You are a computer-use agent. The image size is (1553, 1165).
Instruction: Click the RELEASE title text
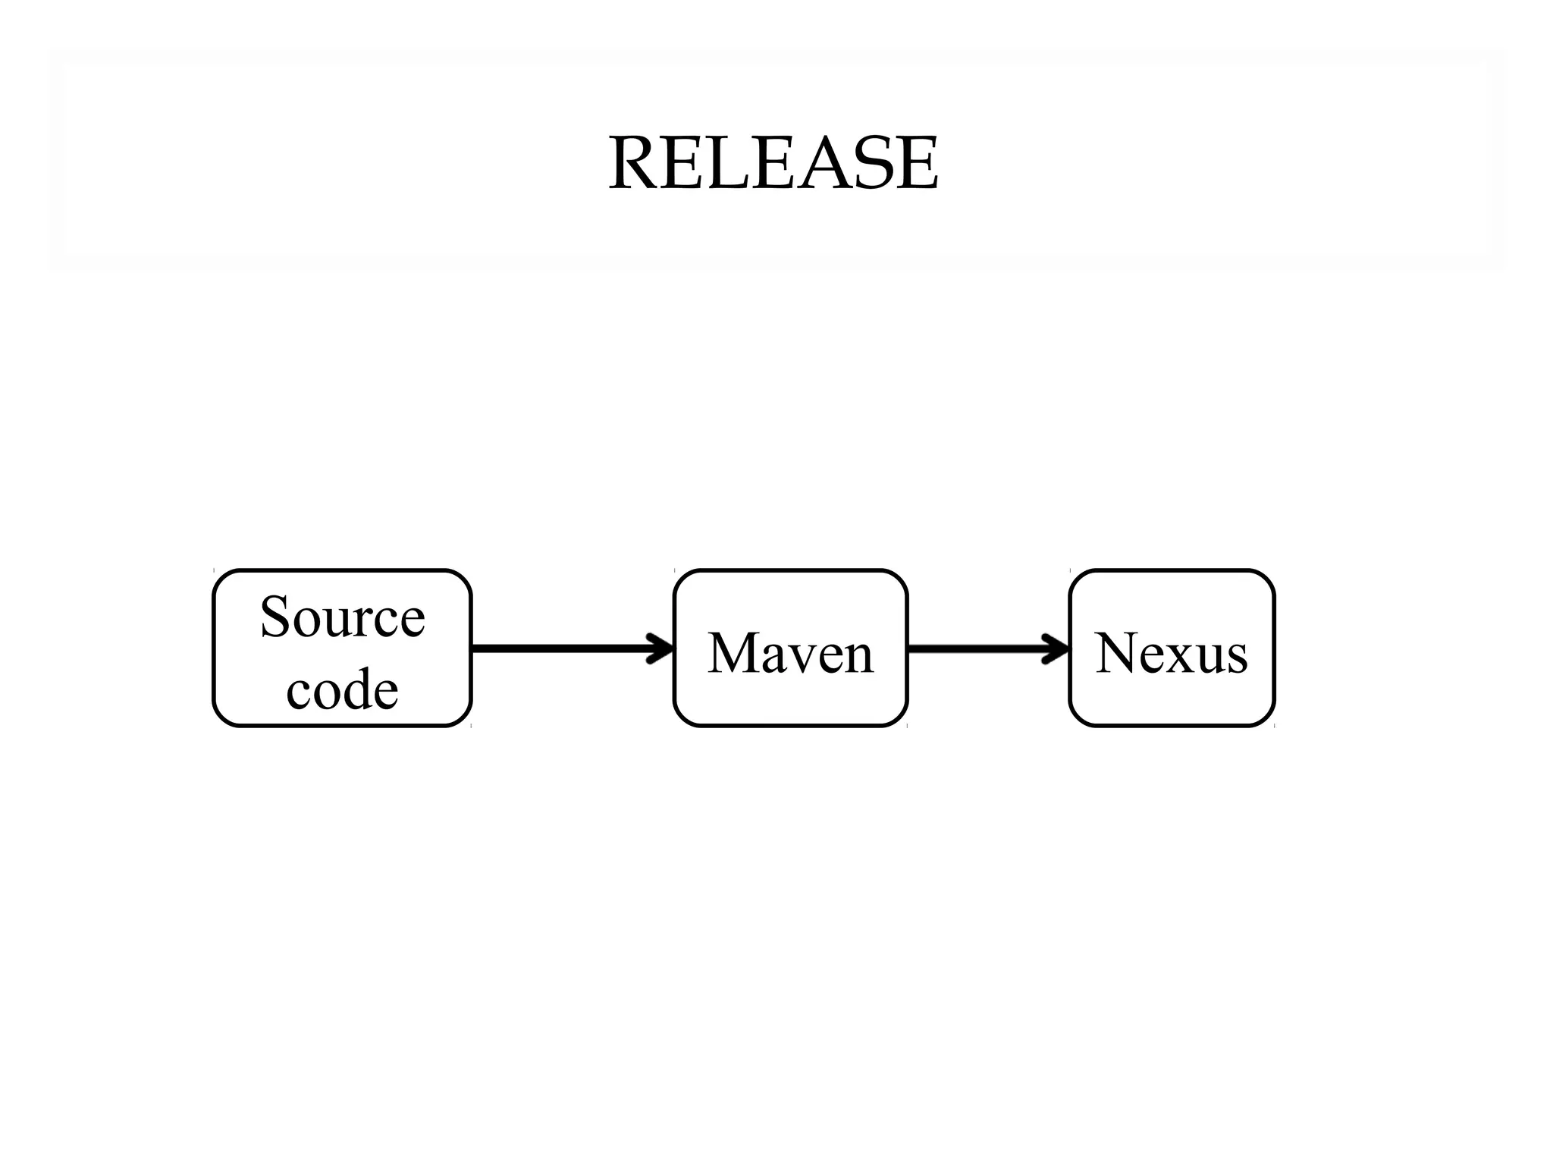coord(773,163)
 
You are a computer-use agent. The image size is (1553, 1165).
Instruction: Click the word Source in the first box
coord(342,617)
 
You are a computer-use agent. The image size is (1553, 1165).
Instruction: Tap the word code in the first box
coord(342,689)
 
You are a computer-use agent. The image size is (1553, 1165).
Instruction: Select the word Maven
coord(790,653)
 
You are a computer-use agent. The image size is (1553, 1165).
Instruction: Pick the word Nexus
coord(1172,653)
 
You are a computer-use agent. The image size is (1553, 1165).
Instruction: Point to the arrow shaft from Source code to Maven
coord(561,648)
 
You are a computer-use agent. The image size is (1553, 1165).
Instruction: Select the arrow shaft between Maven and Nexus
coord(978,648)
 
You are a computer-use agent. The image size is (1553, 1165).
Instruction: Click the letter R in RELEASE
coord(635,164)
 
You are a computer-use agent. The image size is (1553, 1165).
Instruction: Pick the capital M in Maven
coord(734,653)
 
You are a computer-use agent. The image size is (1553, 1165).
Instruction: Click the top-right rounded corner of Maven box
coord(899,578)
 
